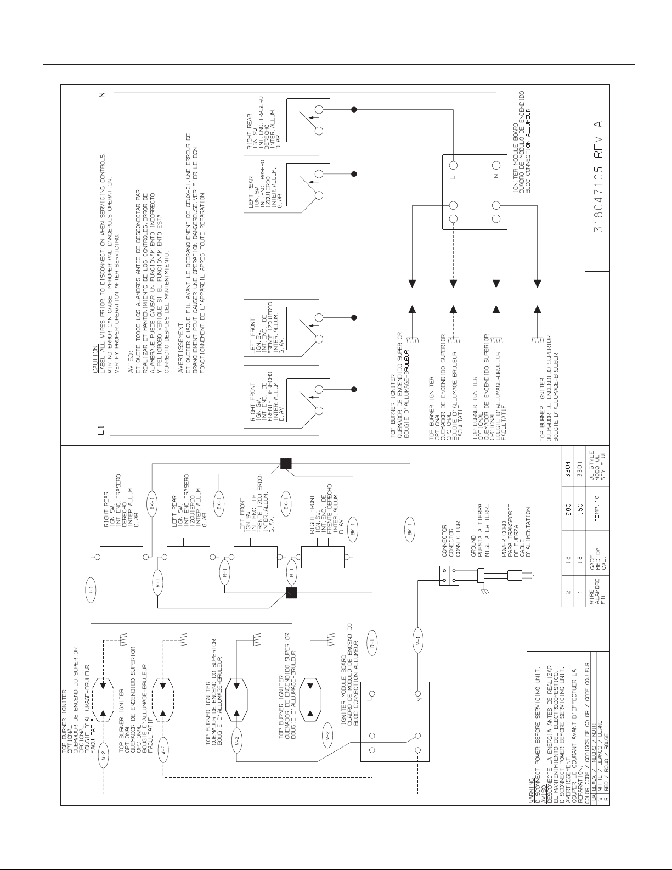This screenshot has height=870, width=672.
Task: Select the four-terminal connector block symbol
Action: [x=449, y=576]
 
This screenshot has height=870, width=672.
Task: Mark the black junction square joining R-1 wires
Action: [x=292, y=592]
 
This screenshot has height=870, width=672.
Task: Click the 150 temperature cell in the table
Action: [x=580, y=519]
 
